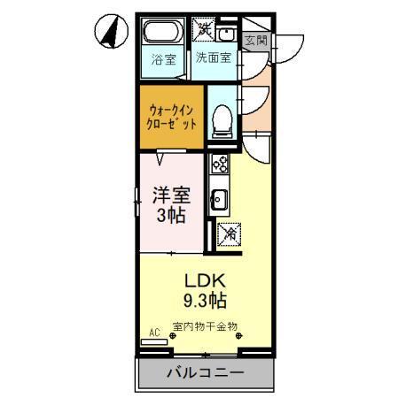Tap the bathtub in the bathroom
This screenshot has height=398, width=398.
point(162,36)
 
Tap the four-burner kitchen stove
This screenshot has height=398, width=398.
point(218,165)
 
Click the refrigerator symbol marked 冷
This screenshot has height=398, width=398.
point(227,233)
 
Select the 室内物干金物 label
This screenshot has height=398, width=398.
point(204,326)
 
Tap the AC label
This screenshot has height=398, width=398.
point(154,333)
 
